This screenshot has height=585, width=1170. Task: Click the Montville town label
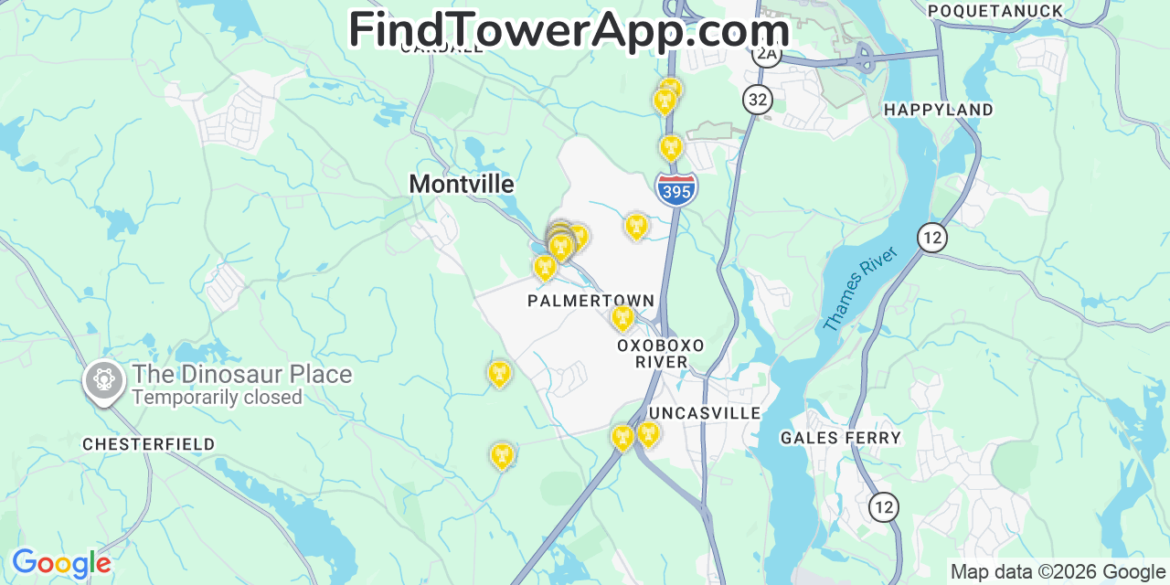(461, 184)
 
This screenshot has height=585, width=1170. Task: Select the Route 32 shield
(757, 99)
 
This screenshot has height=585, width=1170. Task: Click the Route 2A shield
(766, 54)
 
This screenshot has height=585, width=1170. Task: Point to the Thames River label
(860, 289)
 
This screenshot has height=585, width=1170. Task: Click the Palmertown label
(590, 301)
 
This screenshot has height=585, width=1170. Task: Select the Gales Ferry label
(840, 438)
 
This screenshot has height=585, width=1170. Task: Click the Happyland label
(938, 110)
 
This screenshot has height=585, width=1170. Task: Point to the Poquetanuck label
(995, 11)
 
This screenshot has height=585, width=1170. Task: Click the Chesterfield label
(148, 444)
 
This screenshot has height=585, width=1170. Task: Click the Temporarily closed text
(217, 398)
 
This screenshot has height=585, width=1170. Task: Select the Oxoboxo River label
(661, 354)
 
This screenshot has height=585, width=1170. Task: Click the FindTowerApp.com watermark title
(569, 29)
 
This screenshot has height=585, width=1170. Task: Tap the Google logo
(60, 563)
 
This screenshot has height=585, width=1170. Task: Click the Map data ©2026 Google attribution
(1058, 572)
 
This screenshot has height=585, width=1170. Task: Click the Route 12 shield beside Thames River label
(931, 239)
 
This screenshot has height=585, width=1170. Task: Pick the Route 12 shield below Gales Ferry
(883, 506)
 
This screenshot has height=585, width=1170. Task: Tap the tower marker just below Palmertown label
(622, 317)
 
